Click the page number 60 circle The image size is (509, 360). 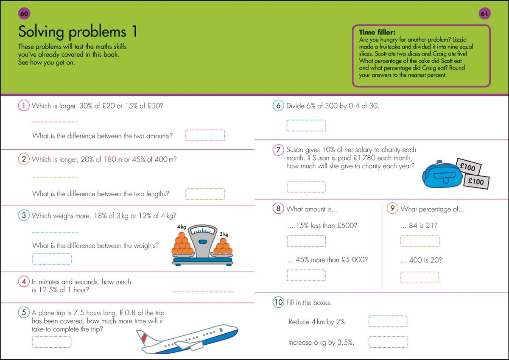click(24, 14)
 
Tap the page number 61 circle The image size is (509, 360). click(484, 14)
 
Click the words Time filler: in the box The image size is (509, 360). click(377, 32)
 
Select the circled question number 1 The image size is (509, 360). click(24, 106)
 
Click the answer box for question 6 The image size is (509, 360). click(306, 126)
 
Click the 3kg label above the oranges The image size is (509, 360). click(224, 234)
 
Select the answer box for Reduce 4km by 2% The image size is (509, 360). click(388, 321)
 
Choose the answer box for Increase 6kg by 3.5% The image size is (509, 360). click(388, 342)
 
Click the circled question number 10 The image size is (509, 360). click(278, 302)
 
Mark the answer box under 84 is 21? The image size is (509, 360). click(420, 241)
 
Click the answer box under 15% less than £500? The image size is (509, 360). click(306, 241)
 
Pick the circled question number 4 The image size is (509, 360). click(24, 282)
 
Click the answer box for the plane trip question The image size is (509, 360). click(52, 342)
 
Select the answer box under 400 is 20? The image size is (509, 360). click(420, 277)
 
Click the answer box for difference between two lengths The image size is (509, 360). click(205, 194)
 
